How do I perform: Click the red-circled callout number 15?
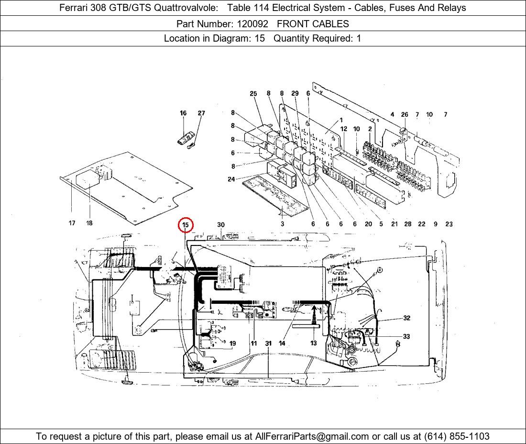coord(186,225)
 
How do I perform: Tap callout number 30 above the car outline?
coord(221,225)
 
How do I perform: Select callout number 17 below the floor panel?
coord(72,223)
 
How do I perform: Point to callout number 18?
coord(89,223)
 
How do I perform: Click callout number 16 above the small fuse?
coord(183,113)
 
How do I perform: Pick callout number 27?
coord(201,113)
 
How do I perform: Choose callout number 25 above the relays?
coord(253,94)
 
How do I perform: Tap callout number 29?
coord(295,93)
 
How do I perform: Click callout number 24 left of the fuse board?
coord(231,179)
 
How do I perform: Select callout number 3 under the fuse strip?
coord(283,224)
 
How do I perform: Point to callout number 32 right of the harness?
coord(407,318)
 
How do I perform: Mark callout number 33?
coord(406,336)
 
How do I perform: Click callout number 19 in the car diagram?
coord(232,344)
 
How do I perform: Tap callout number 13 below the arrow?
coord(313,343)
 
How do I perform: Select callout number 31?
coord(268,344)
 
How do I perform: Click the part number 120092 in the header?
coord(252,24)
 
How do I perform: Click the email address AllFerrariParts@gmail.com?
coord(312,436)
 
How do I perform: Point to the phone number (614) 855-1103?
coord(457,436)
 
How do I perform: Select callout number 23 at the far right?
coord(449,224)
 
